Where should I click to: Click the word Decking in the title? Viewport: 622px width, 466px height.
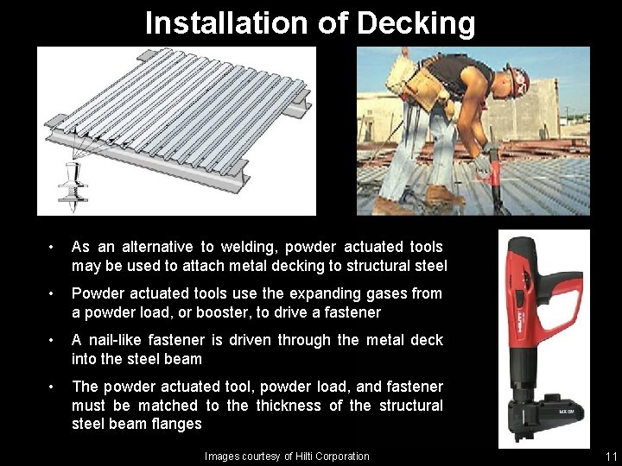click(417, 23)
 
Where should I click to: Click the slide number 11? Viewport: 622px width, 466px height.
click(612, 457)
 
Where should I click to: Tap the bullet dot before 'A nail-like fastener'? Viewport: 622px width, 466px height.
click(52, 340)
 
